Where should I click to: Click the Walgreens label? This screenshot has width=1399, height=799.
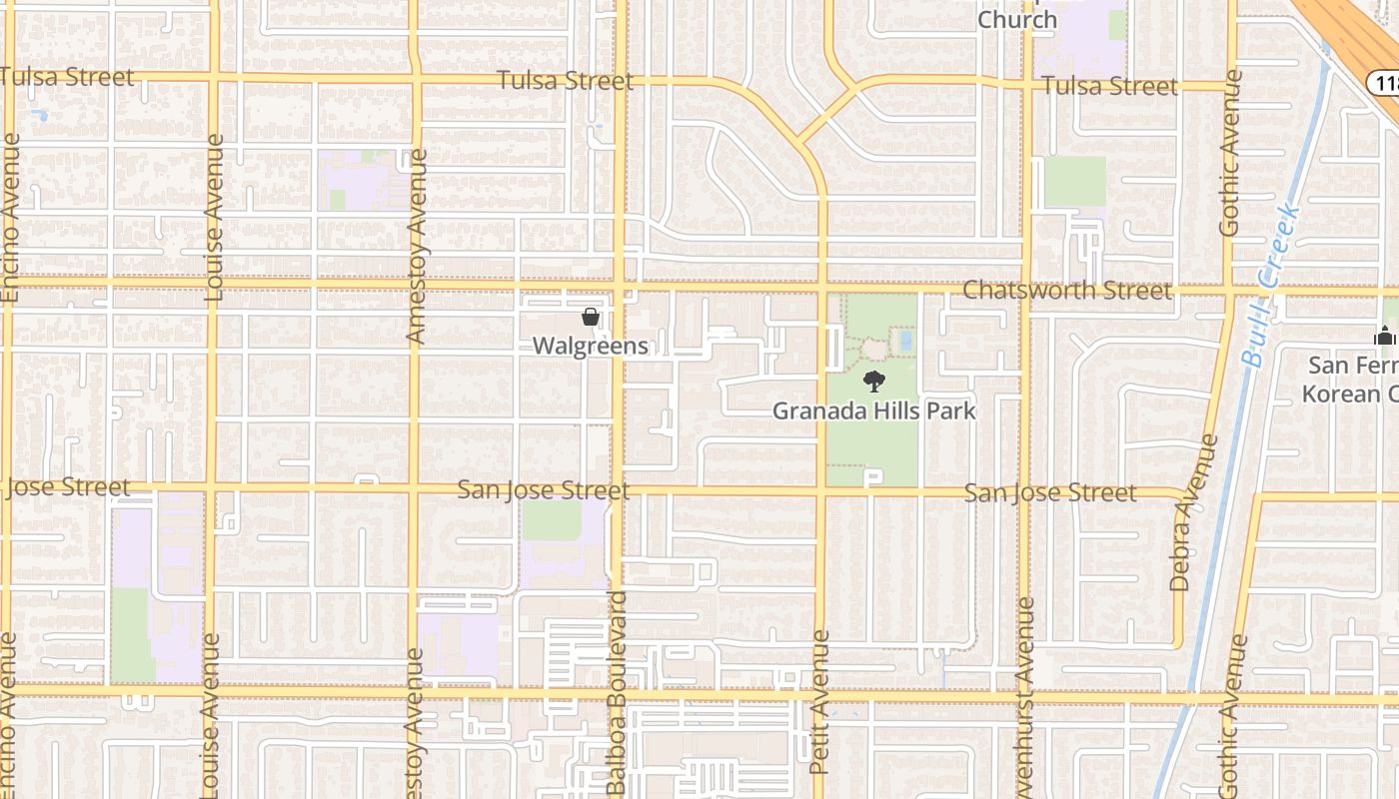(x=590, y=347)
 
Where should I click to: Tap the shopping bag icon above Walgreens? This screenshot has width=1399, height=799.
(x=591, y=318)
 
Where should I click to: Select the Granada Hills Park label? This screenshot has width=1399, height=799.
(x=874, y=410)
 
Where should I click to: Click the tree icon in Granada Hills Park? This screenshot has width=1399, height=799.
(x=874, y=381)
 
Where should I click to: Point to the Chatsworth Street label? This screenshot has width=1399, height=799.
(x=1066, y=291)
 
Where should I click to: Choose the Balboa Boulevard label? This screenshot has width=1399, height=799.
(x=617, y=693)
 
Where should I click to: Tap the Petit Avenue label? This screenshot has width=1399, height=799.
(x=820, y=702)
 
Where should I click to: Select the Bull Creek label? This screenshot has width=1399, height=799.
(x=1269, y=285)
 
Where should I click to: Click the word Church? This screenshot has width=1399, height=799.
(x=1016, y=20)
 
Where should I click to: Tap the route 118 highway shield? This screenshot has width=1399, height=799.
(x=1385, y=82)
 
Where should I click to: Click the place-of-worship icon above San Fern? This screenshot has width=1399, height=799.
(x=1384, y=337)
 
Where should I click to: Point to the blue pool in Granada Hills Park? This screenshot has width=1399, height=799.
(x=905, y=341)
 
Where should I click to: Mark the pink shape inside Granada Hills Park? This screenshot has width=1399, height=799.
(x=874, y=349)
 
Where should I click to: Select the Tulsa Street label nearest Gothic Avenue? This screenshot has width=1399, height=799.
(x=1109, y=86)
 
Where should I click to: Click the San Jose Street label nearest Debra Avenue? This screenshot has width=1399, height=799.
(x=1049, y=492)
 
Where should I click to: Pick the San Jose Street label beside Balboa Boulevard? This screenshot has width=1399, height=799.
(x=543, y=490)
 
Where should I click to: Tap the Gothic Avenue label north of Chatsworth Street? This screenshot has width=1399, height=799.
(x=1230, y=152)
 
